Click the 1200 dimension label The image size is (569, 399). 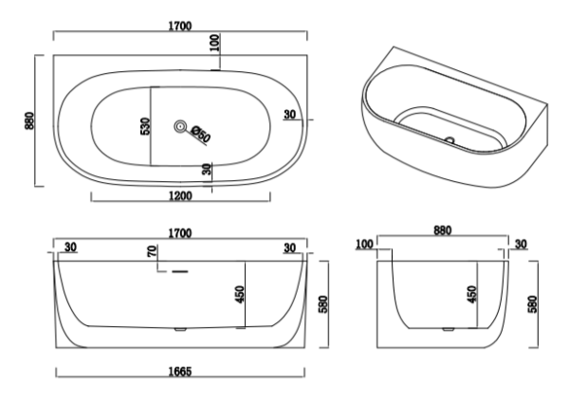(180, 196)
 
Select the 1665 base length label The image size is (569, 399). (180, 372)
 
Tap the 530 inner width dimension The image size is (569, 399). (145, 126)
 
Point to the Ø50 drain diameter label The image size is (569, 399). (200, 134)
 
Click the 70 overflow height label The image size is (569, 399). (153, 251)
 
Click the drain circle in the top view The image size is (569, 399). (179, 127)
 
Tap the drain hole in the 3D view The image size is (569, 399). (450, 139)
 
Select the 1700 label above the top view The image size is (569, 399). (180, 27)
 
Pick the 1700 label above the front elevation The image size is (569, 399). (180, 233)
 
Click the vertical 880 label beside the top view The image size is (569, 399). (29, 120)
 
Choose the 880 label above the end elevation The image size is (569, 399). (443, 230)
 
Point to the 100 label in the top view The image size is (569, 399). (215, 43)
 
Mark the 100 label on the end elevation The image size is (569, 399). (364, 245)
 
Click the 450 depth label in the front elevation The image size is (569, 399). (240, 295)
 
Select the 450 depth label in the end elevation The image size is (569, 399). (471, 295)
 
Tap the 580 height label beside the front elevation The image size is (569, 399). (323, 304)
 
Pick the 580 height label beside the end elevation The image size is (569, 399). (533, 304)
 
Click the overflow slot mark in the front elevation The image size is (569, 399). (179, 271)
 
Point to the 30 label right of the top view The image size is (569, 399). (290, 115)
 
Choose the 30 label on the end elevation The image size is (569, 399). (521, 245)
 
